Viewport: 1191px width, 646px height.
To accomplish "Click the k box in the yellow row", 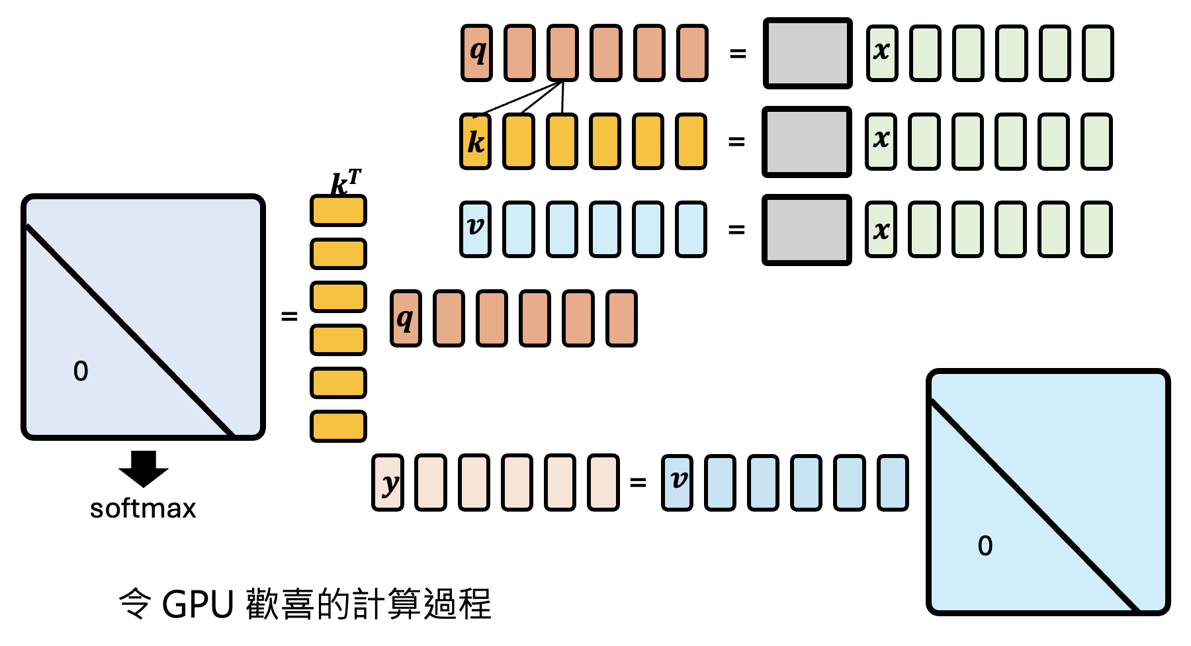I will [476, 142].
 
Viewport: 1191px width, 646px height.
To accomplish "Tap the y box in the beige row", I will [388, 483].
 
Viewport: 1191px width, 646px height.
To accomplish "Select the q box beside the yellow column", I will [406, 318].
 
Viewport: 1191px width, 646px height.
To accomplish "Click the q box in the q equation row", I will [476, 53].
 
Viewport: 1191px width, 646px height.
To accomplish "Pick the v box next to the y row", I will [677, 483].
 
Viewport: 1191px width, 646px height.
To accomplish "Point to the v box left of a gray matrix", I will [475, 229].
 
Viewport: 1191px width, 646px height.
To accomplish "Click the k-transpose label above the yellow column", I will [345, 182].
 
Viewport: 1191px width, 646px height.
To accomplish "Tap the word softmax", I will [143, 508].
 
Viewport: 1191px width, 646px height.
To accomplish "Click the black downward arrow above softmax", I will [144, 468].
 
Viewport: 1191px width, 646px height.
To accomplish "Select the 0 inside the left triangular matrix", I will [81, 371].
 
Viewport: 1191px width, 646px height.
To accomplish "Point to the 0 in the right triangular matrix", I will [985, 545].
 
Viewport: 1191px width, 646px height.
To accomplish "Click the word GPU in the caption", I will [198, 604].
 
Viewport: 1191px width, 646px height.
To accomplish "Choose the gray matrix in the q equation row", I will [807, 53].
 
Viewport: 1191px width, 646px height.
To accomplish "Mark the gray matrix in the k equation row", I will [807, 142].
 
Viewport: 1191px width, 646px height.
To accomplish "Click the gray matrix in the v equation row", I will [807, 230].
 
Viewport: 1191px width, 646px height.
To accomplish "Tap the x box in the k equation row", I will [881, 142].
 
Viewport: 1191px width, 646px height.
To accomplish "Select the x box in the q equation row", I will [882, 53].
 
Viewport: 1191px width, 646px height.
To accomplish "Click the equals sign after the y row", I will [638, 483].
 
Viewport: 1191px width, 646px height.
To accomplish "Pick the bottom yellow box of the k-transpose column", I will [338, 426].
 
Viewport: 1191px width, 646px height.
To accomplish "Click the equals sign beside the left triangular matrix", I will [289, 316].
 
